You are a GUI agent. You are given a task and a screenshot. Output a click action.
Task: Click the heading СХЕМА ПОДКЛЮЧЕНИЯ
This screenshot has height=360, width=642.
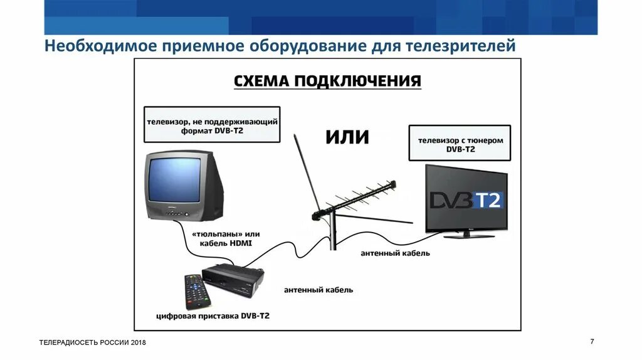coord(327,82)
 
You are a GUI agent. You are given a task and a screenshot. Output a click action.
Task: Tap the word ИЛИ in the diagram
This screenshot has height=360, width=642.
coord(347,137)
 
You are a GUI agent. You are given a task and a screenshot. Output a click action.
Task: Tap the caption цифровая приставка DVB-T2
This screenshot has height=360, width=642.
coord(213,317)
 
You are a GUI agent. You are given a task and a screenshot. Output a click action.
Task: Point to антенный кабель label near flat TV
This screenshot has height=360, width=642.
coord(395,253)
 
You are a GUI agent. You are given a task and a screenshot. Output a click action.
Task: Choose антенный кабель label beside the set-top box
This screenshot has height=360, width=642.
coord(318,290)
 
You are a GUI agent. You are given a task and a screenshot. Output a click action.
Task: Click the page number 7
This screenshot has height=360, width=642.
coord(592,341)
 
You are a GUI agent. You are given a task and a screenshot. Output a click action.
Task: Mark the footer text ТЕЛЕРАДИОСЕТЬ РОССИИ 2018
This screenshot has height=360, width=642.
coord(92,342)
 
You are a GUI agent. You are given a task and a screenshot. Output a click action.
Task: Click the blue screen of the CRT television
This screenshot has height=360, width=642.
coord(175,181)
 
